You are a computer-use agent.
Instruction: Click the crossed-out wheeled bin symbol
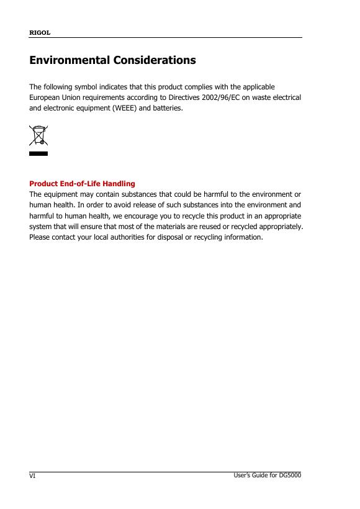pyautogui.click(x=38, y=136)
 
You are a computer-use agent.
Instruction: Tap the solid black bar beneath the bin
pyautogui.click(x=38, y=153)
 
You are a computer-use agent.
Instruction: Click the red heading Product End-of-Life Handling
pyautogui.click(x=83, y=184)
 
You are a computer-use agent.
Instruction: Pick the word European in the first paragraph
pyautogui.click(x=47, y=97)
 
